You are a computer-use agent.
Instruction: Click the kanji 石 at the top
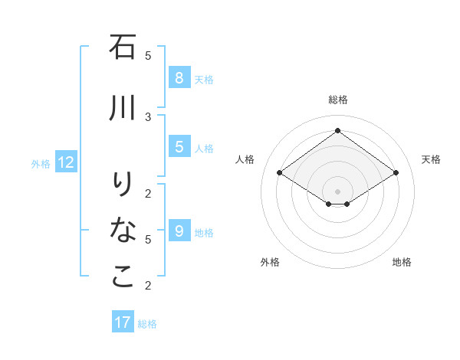tap(123, 47)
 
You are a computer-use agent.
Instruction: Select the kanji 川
tap(123, 110)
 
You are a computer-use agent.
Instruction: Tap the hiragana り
tap(123, 185)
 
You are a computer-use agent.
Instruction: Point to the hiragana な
tap(123, 230)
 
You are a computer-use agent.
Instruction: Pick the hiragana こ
tap(123, 276)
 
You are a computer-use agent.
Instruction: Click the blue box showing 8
tap(179, 78)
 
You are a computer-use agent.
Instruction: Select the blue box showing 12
tap(66, 162)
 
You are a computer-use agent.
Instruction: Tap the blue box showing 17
tap(123, 322)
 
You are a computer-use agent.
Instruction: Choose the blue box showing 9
tap(179, 231)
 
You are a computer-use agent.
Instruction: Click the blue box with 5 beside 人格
tap(179, 147)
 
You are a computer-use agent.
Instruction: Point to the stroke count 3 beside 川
tap(148, 116)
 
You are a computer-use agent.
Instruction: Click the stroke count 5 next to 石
tap(148, 55)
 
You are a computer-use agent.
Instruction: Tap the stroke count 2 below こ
tap(148, 286)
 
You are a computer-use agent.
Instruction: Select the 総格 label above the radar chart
tap(338, 100)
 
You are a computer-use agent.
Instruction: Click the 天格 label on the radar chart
tap(431, 159)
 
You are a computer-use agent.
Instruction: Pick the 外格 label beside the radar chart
tap(270, 262)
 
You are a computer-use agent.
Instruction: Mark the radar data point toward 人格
tap(280, 173)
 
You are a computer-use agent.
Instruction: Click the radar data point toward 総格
tap(338, 131)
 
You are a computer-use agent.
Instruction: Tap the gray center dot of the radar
tap(338, 191)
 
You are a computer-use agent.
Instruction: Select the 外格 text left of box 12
tap(41, 163)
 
